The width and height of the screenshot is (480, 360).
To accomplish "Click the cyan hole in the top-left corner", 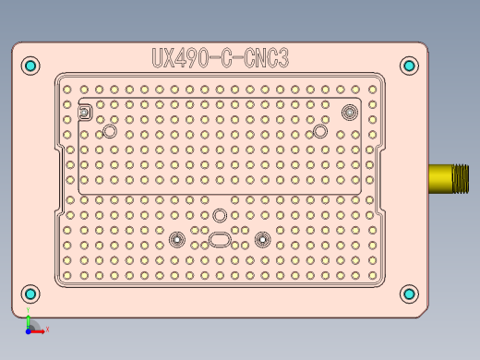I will click(30, 66).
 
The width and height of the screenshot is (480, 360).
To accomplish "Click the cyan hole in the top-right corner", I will click(409, 66).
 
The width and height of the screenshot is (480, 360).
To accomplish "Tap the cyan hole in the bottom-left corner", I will click(30, 294).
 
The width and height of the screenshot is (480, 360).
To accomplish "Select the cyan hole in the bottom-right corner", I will click(409, 294).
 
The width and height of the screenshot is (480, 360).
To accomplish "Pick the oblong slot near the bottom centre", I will click(222, 240).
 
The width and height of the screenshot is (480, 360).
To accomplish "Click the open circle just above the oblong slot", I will click(220, 215).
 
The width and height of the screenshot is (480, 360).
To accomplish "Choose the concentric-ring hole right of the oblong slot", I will click(263, 240).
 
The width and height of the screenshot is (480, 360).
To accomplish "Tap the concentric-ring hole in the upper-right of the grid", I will click(349, 112).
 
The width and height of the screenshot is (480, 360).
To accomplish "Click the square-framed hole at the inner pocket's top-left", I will click(85, 113).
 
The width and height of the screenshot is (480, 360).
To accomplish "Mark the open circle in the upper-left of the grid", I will click(110, 132).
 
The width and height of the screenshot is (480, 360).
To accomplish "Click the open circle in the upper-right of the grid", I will click(320, 132).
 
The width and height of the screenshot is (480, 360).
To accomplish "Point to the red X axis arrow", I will click(44, 329).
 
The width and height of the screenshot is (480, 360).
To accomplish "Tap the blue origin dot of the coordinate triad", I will click(29, 329).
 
